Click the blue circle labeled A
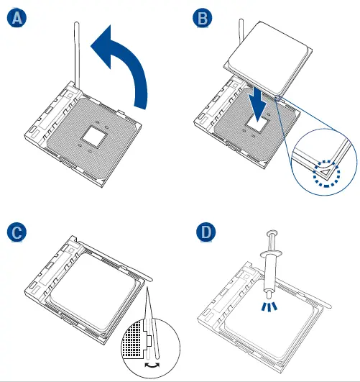pyautogui.click(x=17, y=18)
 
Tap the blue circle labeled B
pyautogui.click(x=202, y=18)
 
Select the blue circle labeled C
pyautogui.click(x=17, y=232)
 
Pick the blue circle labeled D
pyautogui.click(x=206, y=232)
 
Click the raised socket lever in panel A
pyautogui.click(x=77, y=56)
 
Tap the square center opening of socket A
pyautogui.click(x=94, y=137)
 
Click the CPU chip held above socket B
pyautogui.click(x=268, y=58)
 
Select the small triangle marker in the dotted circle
pyautogui.click(x=325, y=172)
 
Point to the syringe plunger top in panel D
pyautogui.click(x=272, y=232)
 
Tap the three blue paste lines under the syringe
pyautogui.click(x=269, y=306)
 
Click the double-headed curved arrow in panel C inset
pyautogui.click(x=152, y=365)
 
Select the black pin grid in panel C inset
pyautogui.click(x=134, y=339)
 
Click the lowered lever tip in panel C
pyautogui.click(x=150, y=279)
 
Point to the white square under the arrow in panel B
pyautogui.click(x=257, y=124)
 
